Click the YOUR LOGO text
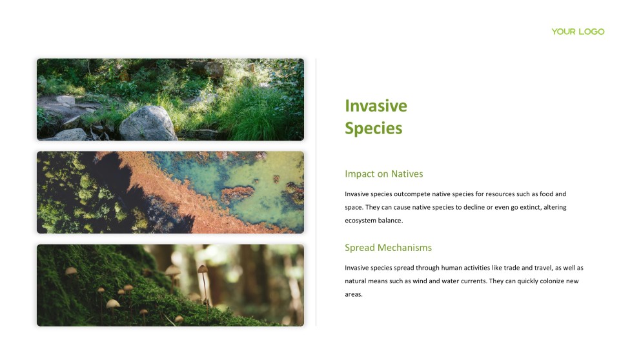(578, 32)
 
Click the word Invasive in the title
(376, 106)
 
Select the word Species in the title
(373, 128)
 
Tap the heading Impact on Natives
(383, 174)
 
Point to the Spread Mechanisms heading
(388, 248)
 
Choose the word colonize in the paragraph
(549, 281)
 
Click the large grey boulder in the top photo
(148, 123)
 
